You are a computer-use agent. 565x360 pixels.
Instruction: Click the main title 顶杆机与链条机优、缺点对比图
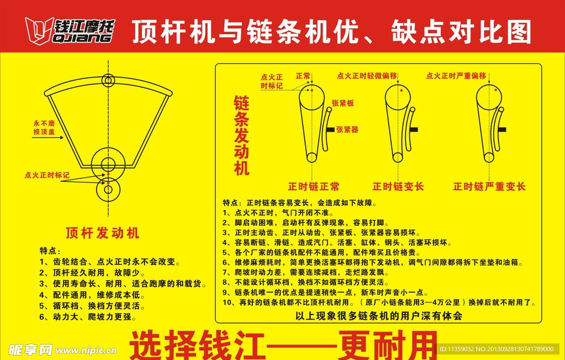(x=331, y=31)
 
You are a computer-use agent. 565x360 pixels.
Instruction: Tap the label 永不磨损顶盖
(x=44, y=128)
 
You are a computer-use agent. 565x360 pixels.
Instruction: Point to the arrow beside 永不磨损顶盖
(x=44, y=139)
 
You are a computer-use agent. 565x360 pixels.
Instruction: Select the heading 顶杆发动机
(x=103, y=232)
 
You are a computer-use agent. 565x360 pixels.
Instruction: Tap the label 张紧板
(x=342, y=103)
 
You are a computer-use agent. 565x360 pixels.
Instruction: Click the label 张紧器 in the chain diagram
(x=347, y=129)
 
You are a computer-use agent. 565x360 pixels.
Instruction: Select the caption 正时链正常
(x=313, y=187)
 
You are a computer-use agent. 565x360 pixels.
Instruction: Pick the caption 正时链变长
(x=398, y=187)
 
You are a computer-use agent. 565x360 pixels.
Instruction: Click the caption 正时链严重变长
(x=489, y=187)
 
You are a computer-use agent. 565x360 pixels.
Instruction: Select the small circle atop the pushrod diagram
(x=108, y=80)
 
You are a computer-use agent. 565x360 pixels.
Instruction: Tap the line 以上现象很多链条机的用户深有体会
(x=379, y=316)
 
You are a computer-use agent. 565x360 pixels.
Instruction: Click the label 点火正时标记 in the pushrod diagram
(x=47, y=175)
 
